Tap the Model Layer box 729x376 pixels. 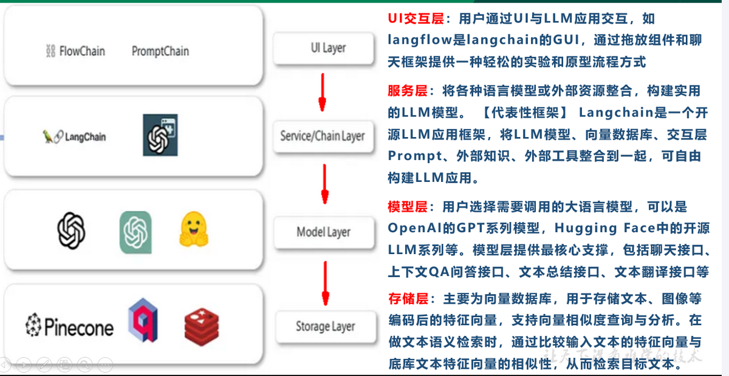pos(323,232)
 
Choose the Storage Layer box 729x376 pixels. pos(325,326)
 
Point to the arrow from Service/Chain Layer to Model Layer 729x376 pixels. pos(324,184)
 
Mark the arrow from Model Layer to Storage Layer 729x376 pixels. pos(326,281)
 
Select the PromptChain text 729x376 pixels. pos(160,52)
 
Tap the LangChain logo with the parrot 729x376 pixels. pos(74,137)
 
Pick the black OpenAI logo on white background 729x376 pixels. pos(71,231)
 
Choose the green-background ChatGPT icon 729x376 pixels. pos(135,232)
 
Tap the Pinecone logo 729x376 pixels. pos(69,327)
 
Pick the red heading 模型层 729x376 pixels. pos(408,207)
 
